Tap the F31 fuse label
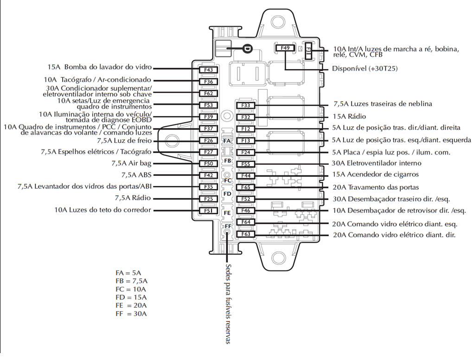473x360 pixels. point(308,53)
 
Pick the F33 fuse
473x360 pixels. point(246,105)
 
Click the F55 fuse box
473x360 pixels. point(246,164)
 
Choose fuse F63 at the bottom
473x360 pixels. point(246,234)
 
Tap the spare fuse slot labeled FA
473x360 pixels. point(227,141)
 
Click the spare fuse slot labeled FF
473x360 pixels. point(227,226)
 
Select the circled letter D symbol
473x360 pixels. point(247,49)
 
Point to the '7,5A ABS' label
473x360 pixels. point(136,175)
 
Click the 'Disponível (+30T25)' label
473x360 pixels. point(365,69)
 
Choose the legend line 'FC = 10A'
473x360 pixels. point(131,289)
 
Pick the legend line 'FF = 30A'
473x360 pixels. point(131,314)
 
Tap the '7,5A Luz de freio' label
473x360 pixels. point(124,140)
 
